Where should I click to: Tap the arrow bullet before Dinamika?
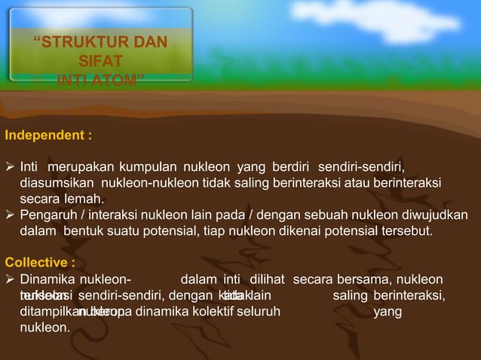coord(10,279)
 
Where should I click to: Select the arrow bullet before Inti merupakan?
coord(10,166)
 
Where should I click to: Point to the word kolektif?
coord(207,311)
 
